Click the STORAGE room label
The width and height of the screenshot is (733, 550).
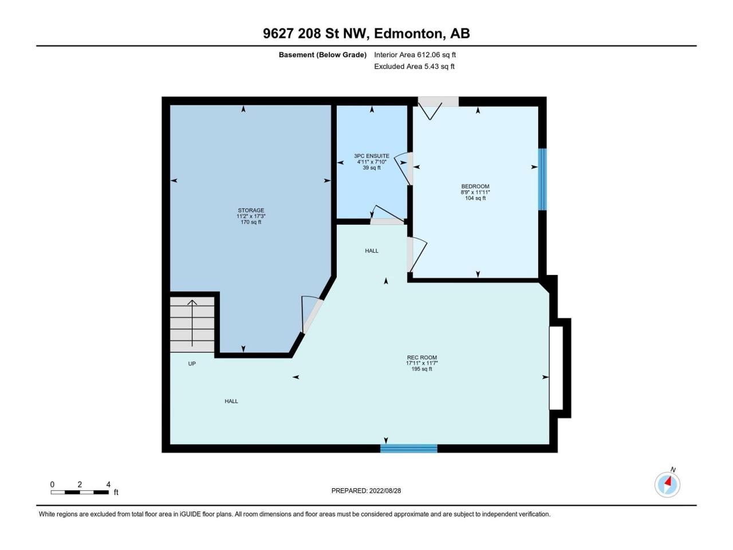(251, 210)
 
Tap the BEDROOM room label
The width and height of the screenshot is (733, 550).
(475, 186)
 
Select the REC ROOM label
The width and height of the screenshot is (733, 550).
(422, 357)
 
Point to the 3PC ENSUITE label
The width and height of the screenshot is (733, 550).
(372, 156)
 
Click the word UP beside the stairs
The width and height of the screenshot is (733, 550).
(192, 364)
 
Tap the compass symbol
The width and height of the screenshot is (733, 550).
(667, 485)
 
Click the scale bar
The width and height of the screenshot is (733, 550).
(80, 492)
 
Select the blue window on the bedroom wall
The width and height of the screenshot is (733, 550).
(543, 179)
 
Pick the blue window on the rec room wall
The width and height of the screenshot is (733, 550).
(409, 449)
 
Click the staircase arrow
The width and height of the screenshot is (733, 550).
(192, 323)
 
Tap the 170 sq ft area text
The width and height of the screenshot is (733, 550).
(251, 222)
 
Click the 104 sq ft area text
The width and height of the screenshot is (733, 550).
(475, 198)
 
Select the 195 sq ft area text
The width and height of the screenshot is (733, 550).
(422, 369)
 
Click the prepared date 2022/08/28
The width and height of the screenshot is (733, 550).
(385, 490)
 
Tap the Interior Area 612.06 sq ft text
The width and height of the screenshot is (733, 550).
(415, 55)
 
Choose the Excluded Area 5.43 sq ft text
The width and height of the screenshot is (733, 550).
(414, 66)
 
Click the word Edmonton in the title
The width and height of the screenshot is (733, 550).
(410, 34)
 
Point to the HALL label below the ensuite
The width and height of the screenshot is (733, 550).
(372, 251)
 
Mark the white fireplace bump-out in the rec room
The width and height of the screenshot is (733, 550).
(557, 368)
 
